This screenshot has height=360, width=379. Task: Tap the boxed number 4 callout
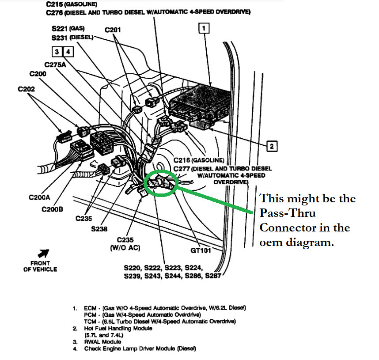click(x=68, y=52)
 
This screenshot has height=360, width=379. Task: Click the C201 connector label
click(x=113, y=30)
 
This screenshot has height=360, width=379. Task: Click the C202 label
click(x=27, y=89)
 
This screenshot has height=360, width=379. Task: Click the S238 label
click(x=99, y=229)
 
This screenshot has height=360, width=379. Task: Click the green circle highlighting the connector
click(x=161, y=182)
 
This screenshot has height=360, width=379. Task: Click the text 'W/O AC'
click(x=125, y=248)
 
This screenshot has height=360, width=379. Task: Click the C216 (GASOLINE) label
click(x=199, y=160)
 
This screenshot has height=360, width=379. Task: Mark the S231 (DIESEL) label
click(x=72, y=38)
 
